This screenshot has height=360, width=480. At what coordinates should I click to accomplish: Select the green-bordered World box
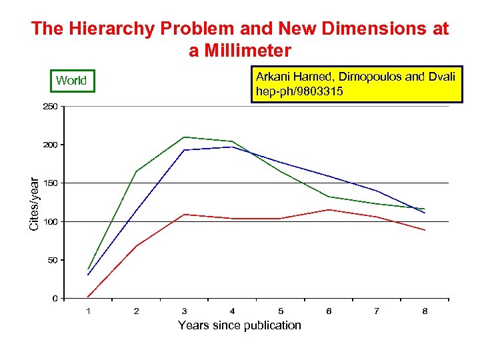click(71, 81)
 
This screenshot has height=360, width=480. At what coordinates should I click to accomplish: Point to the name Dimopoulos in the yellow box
click(369, 77)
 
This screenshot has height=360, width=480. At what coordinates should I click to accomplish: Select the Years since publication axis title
click(239, 325)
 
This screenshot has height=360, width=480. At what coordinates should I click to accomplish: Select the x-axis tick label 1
click(88, 311)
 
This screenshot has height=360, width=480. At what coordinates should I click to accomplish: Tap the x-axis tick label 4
click(232, 311)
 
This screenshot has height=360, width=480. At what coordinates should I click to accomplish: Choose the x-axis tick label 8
click(425, 311)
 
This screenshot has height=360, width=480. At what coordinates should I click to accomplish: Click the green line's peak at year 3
click(184, 137)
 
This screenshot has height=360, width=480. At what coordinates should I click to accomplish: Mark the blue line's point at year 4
click(232, 147)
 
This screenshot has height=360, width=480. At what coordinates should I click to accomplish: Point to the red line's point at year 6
click(329, 210)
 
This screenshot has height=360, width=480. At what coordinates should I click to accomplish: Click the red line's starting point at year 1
click(88, 297)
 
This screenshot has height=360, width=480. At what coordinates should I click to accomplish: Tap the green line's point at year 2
click(136, 171)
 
